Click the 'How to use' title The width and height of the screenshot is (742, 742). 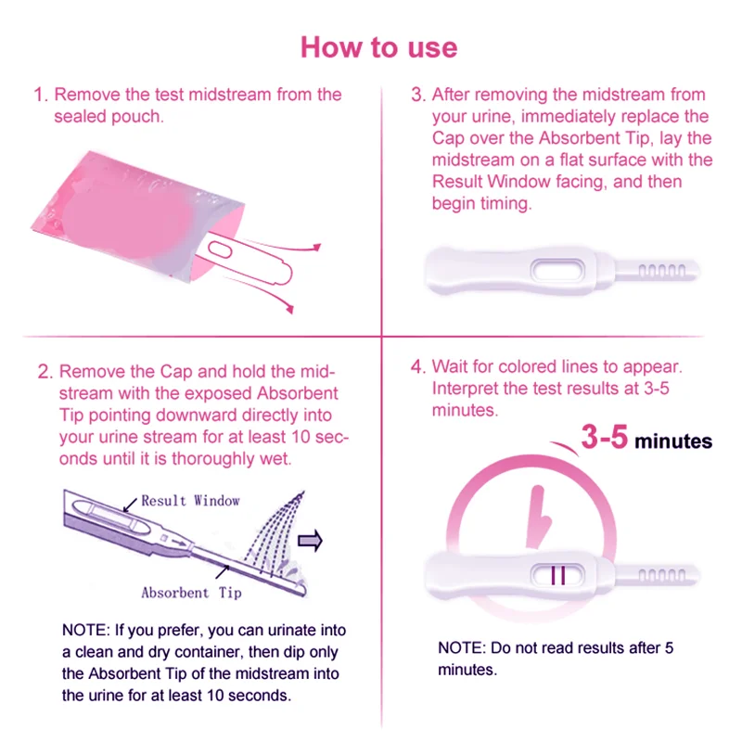[378, 46]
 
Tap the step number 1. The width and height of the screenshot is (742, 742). [39, 96]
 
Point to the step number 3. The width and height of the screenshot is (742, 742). [417, 96]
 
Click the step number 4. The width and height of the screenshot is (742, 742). [417, 366]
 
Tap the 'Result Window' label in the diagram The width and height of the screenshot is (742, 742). [189, 501]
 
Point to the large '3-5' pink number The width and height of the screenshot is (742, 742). [605, 438]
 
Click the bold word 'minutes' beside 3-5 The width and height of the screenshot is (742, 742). [673, 441]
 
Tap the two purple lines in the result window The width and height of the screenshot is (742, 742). [558, 575]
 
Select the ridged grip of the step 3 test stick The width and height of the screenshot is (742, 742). [665, 271]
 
